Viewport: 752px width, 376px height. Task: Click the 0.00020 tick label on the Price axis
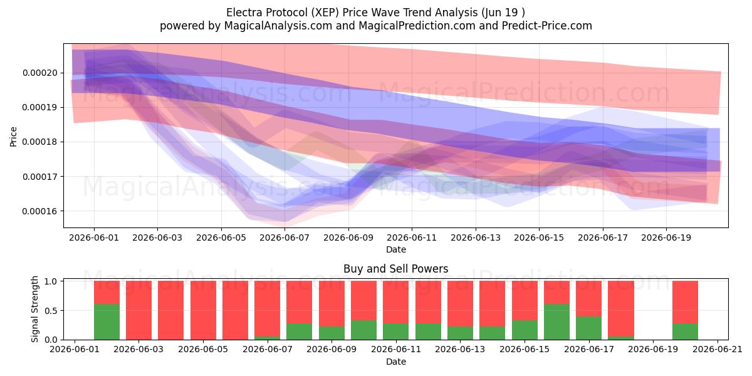pos(40,73)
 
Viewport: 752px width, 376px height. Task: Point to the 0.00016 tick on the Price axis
pos(40,211)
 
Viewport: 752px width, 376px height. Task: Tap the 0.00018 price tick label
pos(40,142)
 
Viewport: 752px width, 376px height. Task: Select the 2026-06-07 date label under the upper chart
pos(285,238)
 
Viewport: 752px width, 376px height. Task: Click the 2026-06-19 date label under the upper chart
pos(666,238)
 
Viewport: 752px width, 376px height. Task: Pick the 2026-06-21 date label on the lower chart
pos(718,349)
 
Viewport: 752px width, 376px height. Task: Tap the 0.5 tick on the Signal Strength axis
pos(51,311)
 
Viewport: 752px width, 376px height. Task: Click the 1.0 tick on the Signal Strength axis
pos(51,281)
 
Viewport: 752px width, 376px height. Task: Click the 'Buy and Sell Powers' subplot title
pos(396,269)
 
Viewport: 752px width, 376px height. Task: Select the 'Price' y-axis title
pos(13,137)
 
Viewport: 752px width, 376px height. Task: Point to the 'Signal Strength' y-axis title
pos(34,309)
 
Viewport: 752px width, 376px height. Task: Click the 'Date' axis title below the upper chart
pos(396,249)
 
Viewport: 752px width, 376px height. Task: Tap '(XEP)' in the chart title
pos(323,13)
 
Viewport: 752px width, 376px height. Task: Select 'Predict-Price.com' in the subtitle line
pos(547,26)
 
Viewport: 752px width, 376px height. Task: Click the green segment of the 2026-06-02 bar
pos(107,321)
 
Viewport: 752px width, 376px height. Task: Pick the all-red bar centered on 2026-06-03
pos(138,310)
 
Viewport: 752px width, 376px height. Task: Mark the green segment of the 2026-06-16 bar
pos(556,321)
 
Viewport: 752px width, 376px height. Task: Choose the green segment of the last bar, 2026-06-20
pos(685,332)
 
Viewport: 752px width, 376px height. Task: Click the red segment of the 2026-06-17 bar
pos(589,298)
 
